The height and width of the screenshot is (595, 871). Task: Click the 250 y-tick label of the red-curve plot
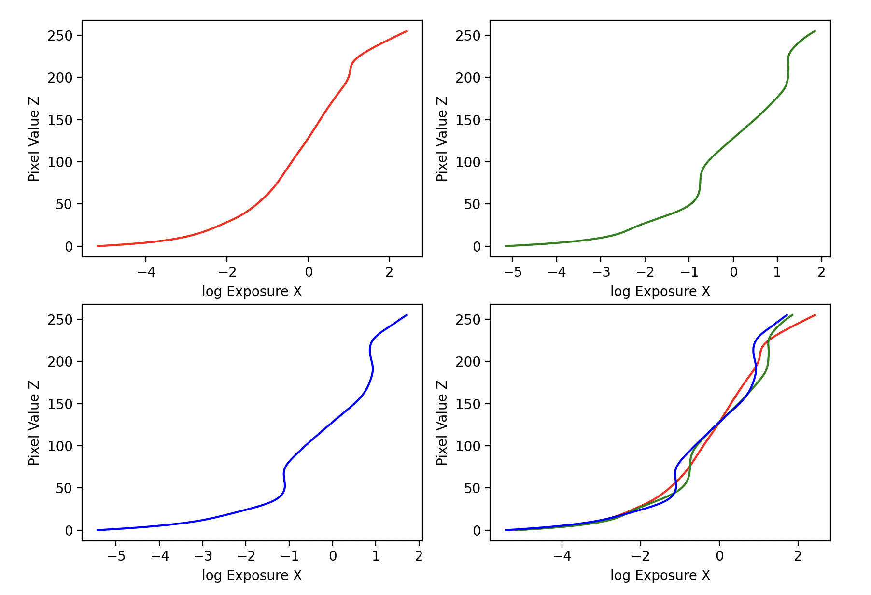pyautogui.click(x=60, y=36)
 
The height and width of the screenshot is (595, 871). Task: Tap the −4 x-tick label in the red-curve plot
pyautogui.click(x=146, y=272)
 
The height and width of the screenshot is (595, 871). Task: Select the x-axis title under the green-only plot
pyautogui.click(x=660, y=292)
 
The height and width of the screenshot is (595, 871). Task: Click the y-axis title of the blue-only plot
pyautogui.click(x=34, y=423)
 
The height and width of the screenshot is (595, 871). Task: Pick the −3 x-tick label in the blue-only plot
pyautogui.click(x=203, y=556)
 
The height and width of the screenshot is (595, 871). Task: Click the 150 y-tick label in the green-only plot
pyautogui.click(x=468, y=120)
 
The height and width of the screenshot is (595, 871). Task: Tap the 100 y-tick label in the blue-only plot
pyautogui.click(x=60, y=446)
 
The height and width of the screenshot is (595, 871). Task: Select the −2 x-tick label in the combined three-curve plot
pyautogui.click(x=641, y=556)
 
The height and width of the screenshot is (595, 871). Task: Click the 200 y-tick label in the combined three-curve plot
pyautogui.click(x=468, y=361)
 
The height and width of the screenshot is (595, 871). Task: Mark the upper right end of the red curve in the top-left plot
pyautogui.click(x=407, y=31)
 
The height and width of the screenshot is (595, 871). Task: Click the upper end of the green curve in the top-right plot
pyautogui.click(x=815, y=31)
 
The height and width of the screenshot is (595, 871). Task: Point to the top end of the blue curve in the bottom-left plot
pyautogui.click(x=407, y=315)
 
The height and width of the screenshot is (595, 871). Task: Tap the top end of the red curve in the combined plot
pyautogui.click(x=815, y=315)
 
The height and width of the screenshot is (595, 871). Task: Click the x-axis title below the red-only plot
pyautogui.click(x=252, y=292)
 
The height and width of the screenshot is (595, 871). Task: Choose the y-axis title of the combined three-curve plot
pyautogui.click(x=442, y=423)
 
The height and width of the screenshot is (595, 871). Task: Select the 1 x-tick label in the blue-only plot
pyautogui.click(x=376, y=556)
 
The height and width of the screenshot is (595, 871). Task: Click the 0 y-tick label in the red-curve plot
pyautogui.click(x=69, y=246)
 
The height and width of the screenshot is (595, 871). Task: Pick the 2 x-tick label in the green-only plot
pyautogui.click(x=821, y=272)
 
